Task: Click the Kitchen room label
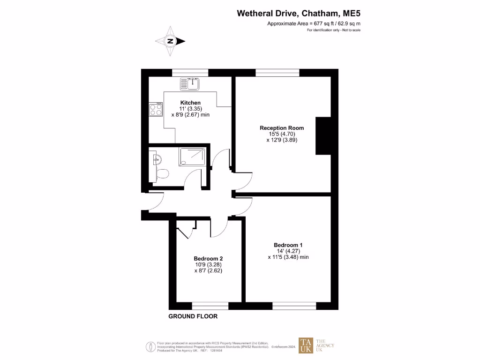190,103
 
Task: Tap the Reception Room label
282,128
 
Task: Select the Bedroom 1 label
288,245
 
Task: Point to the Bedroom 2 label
208,259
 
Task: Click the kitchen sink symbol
189,84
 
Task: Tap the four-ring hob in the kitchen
156,110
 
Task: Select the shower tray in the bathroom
192,157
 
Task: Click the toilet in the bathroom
162,174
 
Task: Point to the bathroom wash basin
155,159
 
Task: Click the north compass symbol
170,41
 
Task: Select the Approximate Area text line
314,23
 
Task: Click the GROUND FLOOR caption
193,316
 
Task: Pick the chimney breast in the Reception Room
323,136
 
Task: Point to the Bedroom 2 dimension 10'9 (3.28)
208,265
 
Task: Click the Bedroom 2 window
210,306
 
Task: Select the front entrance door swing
155,202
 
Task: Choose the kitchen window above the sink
190,73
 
